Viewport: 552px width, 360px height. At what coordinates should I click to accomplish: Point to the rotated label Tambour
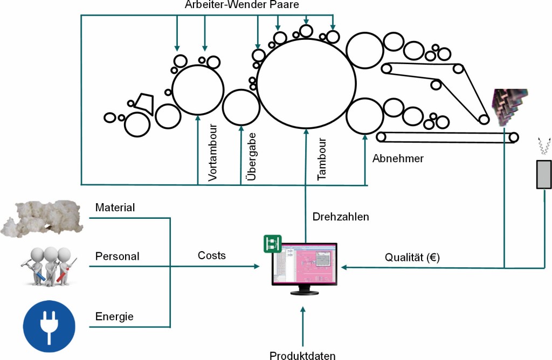coord(322,158)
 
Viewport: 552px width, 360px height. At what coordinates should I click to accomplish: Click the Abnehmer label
coord(398,158)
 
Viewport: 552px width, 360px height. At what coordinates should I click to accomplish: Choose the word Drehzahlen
coord(341,217)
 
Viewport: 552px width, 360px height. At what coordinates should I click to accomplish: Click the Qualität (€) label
coord(412,258)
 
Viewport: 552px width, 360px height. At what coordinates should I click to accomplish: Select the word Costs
coord(212,255)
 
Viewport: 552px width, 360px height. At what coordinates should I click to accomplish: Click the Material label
coord(115,207)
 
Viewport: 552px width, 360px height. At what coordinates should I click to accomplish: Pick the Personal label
coord(117,256)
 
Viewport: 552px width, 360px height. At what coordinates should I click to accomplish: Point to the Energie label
coord(114,316)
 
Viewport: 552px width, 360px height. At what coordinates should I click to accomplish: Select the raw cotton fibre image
coord(42,217)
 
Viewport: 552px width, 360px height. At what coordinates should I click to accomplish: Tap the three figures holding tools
coord(49,265)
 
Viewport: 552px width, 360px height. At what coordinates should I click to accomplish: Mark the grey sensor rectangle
coord(543,174)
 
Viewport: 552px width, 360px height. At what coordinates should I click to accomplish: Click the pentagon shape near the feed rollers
coord(143,102)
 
